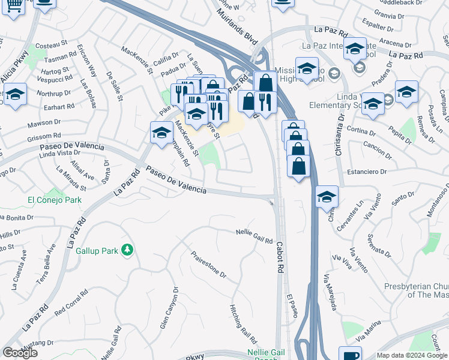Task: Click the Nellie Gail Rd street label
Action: [x=255, y=235]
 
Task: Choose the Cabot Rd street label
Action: [x=280, y=258]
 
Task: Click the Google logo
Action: [x=20, y=352]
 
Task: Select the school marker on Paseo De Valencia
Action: [x=161, y=134]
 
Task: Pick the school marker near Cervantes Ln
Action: [x=327, y=197]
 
